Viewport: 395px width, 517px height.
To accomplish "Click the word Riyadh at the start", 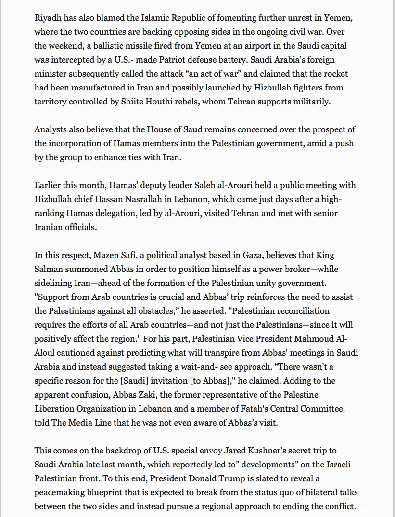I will [x=47, y=19].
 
